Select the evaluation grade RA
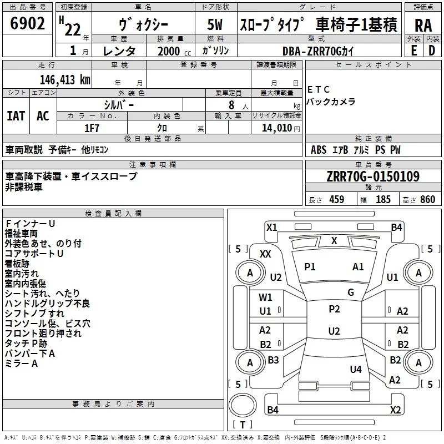coord(423,26)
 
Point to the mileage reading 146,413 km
coord(58,79)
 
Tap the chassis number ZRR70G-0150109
coord(372,176)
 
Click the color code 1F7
coord(92,128)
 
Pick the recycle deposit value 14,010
coord(277,128)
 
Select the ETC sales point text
coord(319,90)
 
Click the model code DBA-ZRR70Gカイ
coord(318,51)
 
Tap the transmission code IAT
coord(16,116)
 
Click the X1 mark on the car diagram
coord(271,227)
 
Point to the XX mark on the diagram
coord(265,254)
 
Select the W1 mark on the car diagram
coord(266,297)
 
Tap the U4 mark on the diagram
coord(356,369)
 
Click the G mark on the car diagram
coord(351,292)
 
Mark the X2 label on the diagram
coord(396,410)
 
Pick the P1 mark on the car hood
coord(310,267)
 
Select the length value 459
coord(337,200)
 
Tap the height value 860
coord(427,200)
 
